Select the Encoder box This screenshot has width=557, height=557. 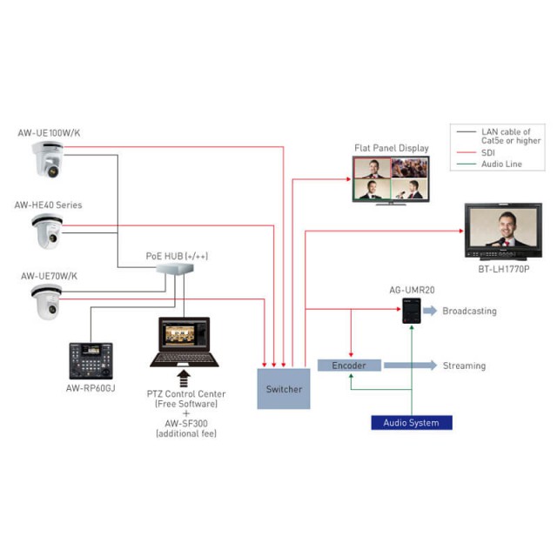point(349,366)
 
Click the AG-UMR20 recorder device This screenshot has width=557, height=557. point(412,312)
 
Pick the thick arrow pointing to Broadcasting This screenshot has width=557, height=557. point(430,311)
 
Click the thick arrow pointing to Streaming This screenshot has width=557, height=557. point(409,366)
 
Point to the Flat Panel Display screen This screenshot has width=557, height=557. point(389,180)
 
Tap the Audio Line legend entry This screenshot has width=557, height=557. point(501,164)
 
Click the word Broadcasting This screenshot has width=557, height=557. point(469,311)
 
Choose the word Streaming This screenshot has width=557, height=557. point(464,366)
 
